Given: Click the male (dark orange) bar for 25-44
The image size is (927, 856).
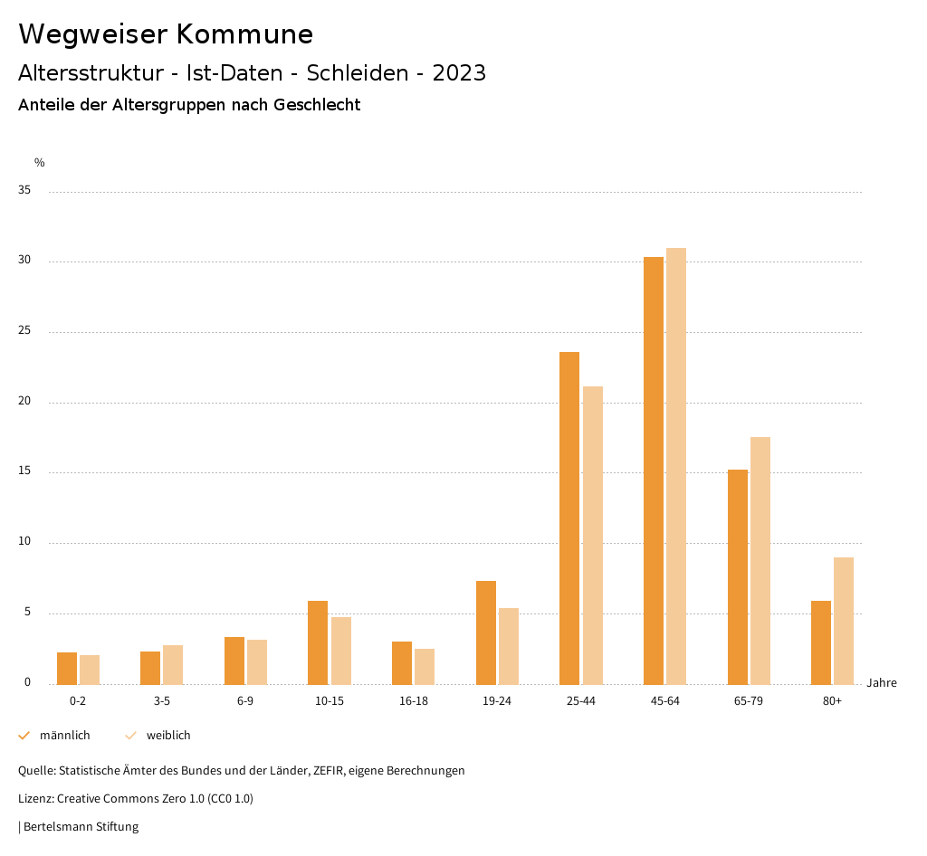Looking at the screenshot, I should [x=569, y=518].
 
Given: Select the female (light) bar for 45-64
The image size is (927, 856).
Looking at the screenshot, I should [x=676, y=466].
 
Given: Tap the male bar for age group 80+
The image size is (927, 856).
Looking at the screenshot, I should [x=821, y=642].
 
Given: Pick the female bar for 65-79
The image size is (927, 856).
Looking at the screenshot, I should [x=760, y=561].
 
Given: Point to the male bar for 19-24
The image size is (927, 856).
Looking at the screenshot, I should [x=486, y=632].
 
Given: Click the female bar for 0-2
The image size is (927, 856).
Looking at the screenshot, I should [x=90, y=670].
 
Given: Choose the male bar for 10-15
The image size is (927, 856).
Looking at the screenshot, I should [x=318, y=642].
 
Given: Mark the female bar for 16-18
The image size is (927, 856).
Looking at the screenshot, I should [x=425, y=667].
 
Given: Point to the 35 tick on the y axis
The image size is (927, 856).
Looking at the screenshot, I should [x=25, y=191].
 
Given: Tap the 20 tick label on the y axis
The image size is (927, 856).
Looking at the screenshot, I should [x=25, y=402].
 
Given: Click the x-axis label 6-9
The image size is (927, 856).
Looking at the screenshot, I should [x=245, y=701].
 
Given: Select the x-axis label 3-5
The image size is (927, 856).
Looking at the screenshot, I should [x=162, y=701].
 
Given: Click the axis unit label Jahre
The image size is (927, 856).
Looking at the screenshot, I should [x=881, y=683].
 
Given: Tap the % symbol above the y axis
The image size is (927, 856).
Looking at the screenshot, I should [x=40, y=163].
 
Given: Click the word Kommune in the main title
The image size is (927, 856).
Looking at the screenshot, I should [x=244, y=34].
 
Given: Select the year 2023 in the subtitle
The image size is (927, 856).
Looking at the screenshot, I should [x=459, y=73].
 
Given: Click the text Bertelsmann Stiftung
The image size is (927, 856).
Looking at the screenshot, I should [x=81, y=827].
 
